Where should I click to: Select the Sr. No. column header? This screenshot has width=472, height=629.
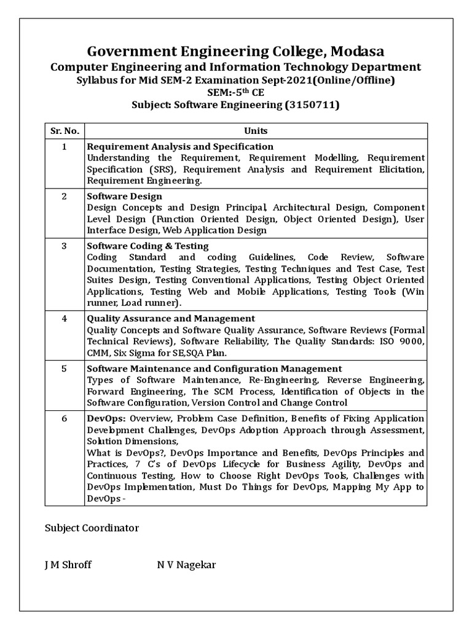[64, 131]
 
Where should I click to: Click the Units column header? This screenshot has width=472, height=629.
[256, 131]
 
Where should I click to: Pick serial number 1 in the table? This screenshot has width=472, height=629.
[64, 147]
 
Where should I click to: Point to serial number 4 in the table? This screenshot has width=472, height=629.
[64, 319]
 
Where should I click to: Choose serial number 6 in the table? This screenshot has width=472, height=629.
[64, 418]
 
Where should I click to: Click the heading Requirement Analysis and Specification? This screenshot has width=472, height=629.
[180, 147]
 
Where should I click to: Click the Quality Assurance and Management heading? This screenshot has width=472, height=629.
[171, 319]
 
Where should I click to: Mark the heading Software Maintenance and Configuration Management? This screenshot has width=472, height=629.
[214, 369]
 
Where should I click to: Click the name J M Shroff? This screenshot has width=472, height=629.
[68, 565]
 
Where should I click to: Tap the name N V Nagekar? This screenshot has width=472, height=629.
[186, 565]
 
